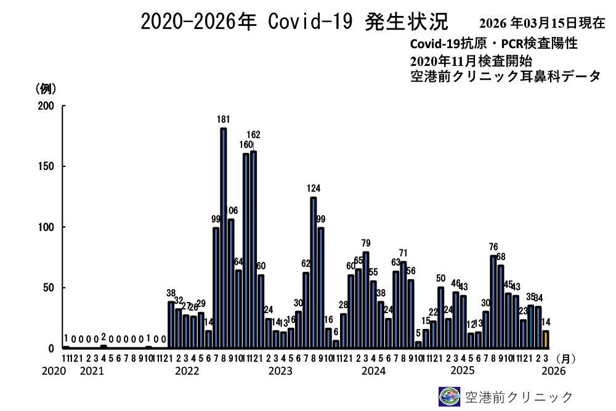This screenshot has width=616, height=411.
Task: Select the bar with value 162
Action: (x=254, y=250)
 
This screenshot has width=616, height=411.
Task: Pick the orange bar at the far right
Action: (x=545, y=340)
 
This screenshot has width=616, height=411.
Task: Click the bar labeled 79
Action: (x=366, y=300)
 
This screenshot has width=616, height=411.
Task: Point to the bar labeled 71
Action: (x=403, y=305)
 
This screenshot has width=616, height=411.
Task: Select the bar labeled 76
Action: (x=493, y=302)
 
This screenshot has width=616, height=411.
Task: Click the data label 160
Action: (x=246, y=145)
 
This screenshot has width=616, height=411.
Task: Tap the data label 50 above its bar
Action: (x=440, y=279)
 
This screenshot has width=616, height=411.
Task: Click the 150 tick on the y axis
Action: (x=48, y=166)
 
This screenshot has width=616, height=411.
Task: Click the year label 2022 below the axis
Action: (x=187, y=371)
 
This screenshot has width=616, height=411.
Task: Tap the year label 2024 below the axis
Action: (x=373, y=371)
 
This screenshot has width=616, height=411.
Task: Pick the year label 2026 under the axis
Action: (x=553, y=371)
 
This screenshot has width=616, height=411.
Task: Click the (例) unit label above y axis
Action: (x=47, y=88)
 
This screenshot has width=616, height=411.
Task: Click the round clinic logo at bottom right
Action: (x=449, y=396)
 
